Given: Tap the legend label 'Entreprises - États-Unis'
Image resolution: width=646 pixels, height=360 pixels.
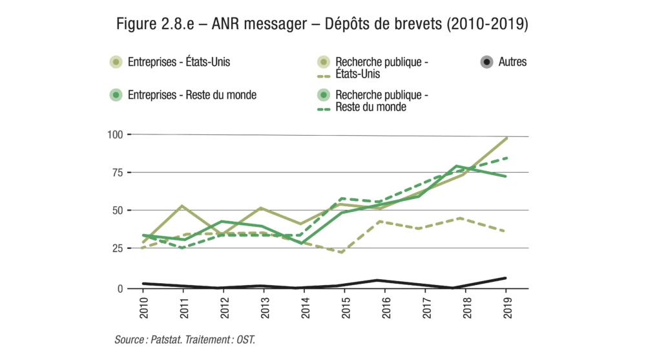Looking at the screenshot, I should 179,62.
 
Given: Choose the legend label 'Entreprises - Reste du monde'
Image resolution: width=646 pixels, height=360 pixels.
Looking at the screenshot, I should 192,94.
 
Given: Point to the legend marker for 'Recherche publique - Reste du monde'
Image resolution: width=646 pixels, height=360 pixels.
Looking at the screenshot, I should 324,95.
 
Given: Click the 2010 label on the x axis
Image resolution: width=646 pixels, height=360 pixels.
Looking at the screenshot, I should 143,306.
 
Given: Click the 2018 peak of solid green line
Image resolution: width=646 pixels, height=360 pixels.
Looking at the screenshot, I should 457,166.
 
